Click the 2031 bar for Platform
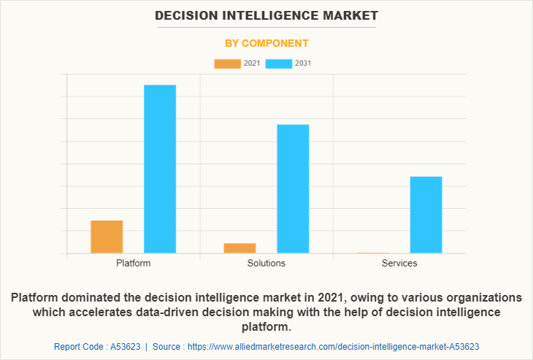(x=160, y=169)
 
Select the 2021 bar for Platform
(x=107, y=237)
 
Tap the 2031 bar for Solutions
(x=293, y=188)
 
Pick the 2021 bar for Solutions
(x=239, y=248)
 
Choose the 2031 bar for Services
(x=426, y=215)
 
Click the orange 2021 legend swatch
(x=227, y=64)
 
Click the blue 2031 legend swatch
(x=278, y=64)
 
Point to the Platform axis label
(x=133, y=263)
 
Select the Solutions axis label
(x=266, y=263)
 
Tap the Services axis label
(x=399, y=263)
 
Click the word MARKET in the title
(x=350, y=15)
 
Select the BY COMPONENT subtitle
(x=266, y=43)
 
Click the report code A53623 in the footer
(x=122, y=346)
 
